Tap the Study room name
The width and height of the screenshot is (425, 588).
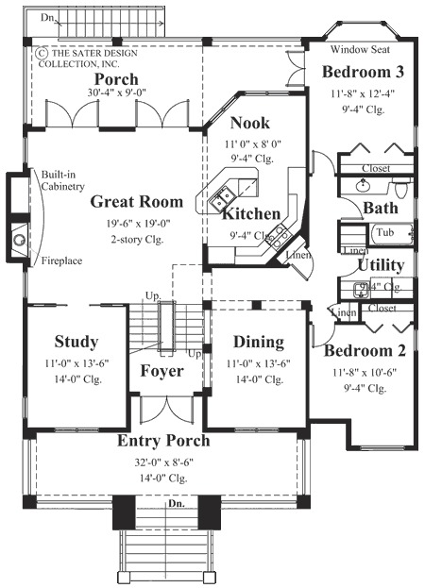pyautogui.click(x=77, y=342)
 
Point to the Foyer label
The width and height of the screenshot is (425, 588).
pyautogui.click(x=162, y=371)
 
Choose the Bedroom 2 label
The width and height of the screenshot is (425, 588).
pyautogui.click(x=365, y=351)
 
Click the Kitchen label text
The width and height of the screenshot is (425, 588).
pyautogui.click(x=250, y=214)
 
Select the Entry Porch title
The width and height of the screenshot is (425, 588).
pyautogui.click(x=163, y=441)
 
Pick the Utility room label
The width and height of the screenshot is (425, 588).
pyautogui.click(x=382, y=265)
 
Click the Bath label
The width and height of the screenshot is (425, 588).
pyautogui.click(x=381, y=208)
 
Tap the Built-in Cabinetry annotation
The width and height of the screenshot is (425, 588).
pyautogui.click(x=62, y=180)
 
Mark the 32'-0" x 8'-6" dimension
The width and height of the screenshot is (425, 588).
pyautogui.click(x=163, y=462)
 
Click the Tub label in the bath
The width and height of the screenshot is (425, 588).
pyautogui.click(x=384, y=231)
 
